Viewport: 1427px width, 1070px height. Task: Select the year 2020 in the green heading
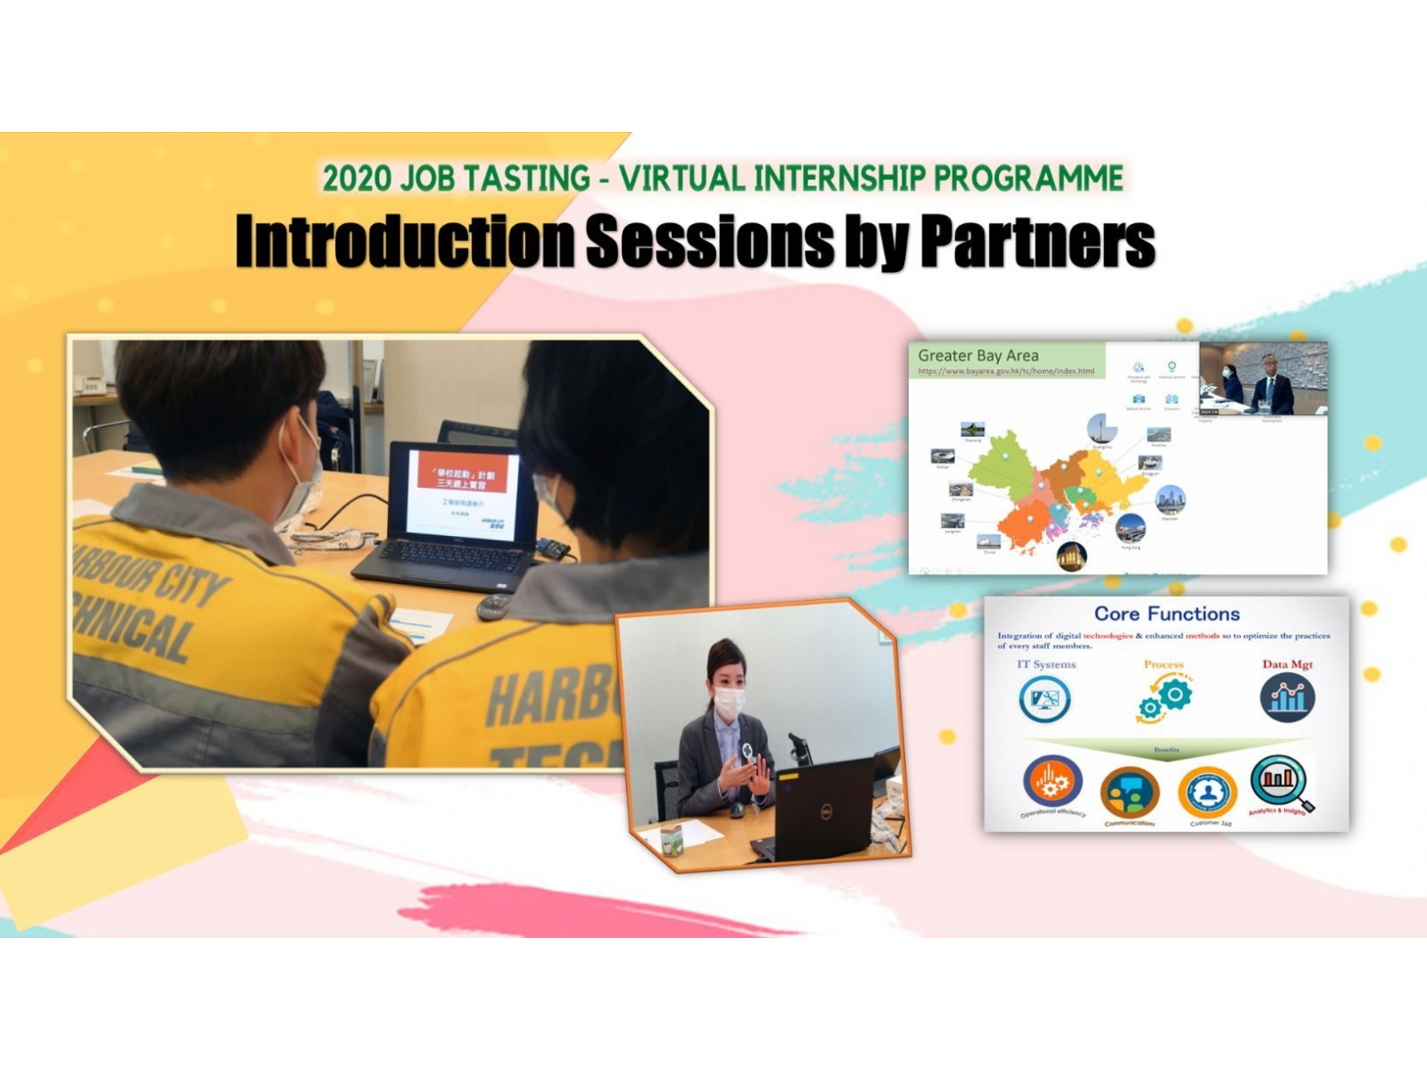(357, 178)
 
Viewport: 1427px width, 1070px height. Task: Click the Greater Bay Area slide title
(977, 356)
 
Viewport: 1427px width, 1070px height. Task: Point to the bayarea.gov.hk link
(1005, 371)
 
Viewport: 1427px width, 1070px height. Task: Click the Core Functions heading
(1167, 613)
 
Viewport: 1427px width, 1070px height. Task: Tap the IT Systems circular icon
(1044, 698)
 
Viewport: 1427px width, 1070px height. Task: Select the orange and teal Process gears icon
(1165, 696)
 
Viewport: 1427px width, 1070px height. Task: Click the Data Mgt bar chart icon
(1287, 697)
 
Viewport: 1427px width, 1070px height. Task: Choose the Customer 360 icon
(1208, 791)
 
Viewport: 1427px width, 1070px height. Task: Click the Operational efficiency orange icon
(1052, 782)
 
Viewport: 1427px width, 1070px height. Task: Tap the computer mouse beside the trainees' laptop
(493, 606)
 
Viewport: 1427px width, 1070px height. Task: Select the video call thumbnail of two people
(1263, 378)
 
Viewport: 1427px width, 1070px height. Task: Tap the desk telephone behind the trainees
(88, 384)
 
